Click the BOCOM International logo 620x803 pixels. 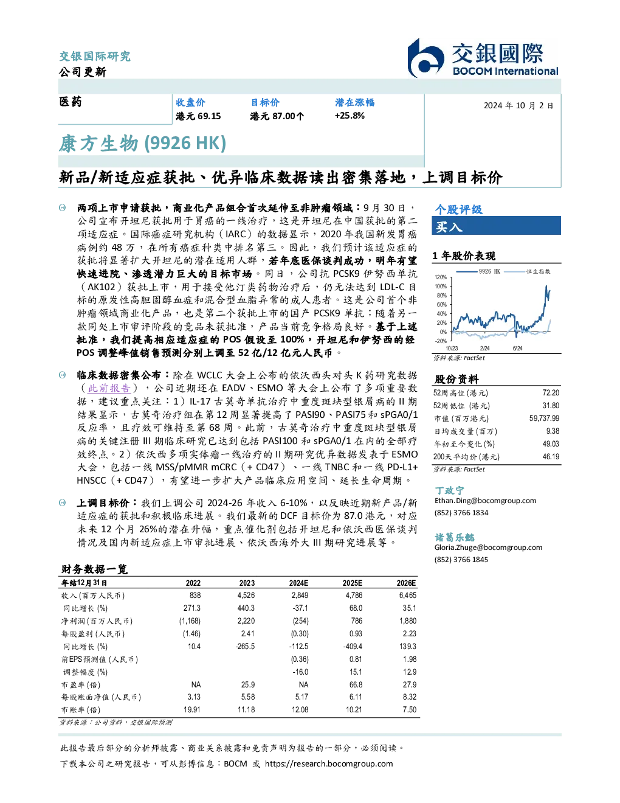483,58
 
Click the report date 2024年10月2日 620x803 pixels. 518,106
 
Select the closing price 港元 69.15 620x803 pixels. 198,116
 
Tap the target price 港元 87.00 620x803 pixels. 277,116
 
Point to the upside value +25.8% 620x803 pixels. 350,116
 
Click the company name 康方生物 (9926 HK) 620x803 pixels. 142,144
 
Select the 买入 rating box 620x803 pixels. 496,226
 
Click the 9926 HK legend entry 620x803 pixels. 478,271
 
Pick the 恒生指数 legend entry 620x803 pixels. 528,271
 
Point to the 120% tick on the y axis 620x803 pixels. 441,277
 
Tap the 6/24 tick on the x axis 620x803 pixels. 517,349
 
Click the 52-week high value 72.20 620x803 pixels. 551,393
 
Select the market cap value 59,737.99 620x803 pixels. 544,419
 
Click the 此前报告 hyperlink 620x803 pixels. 109,388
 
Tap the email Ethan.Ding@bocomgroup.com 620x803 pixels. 485,501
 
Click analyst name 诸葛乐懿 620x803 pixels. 454,537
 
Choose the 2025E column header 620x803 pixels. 352,583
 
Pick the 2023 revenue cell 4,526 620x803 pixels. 246,596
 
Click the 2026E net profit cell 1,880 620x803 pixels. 408,621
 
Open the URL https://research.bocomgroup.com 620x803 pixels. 329,764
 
